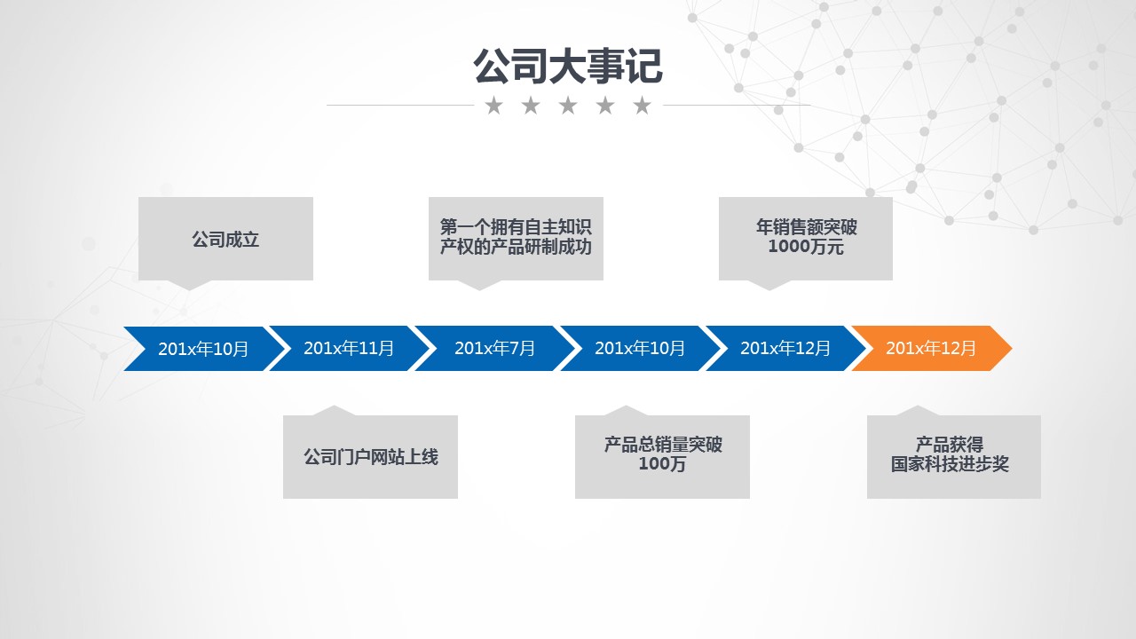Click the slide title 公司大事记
click(x=567, y=67)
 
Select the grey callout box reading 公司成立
click(x=225, y=239)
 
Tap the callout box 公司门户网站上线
click(x=370, y=457)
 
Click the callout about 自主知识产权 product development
click(x=516, y=238)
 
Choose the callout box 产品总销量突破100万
click(x=662, y=456)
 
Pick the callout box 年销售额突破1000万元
click(x=806, y=238)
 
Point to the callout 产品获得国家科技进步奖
click(x=953, y=456)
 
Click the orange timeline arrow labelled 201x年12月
click(x=931, y=348)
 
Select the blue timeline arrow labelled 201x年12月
click(x=785, y=348)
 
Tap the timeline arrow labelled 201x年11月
click(x=349, y=348)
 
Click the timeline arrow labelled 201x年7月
click(x=494, y=348)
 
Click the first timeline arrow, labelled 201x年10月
click(x=203, y=348)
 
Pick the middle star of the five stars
click(x=568, y=106)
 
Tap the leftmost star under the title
click(x=493, y=106)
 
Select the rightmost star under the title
click(x=643, y=106)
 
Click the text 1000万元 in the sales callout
click(x=806, y=248)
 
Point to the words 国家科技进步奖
click(x=951, y=465)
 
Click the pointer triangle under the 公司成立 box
click(x=189, y=285)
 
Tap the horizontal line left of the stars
click(x=399, y=105)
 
